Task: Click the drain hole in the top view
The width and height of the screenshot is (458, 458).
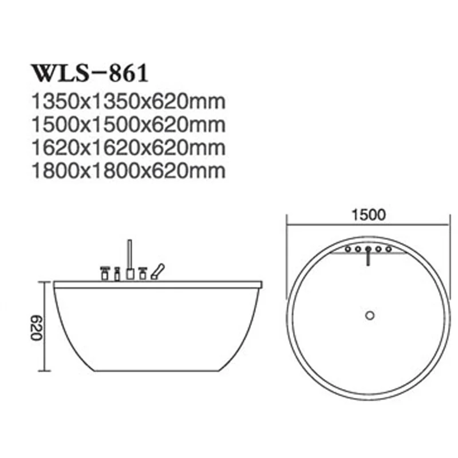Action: click(369, 314)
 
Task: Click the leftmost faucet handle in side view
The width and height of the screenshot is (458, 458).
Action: click(105, 273)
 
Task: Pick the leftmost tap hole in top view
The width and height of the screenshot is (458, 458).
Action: click(348, 249)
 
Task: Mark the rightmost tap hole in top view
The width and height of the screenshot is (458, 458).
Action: click(389, 249)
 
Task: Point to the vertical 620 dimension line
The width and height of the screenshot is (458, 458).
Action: click(44, 327)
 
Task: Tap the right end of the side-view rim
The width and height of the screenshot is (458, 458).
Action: click(260, 283)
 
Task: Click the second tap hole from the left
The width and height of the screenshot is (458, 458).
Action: click(357, 249)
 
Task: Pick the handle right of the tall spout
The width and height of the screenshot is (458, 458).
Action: click(143, 272)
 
